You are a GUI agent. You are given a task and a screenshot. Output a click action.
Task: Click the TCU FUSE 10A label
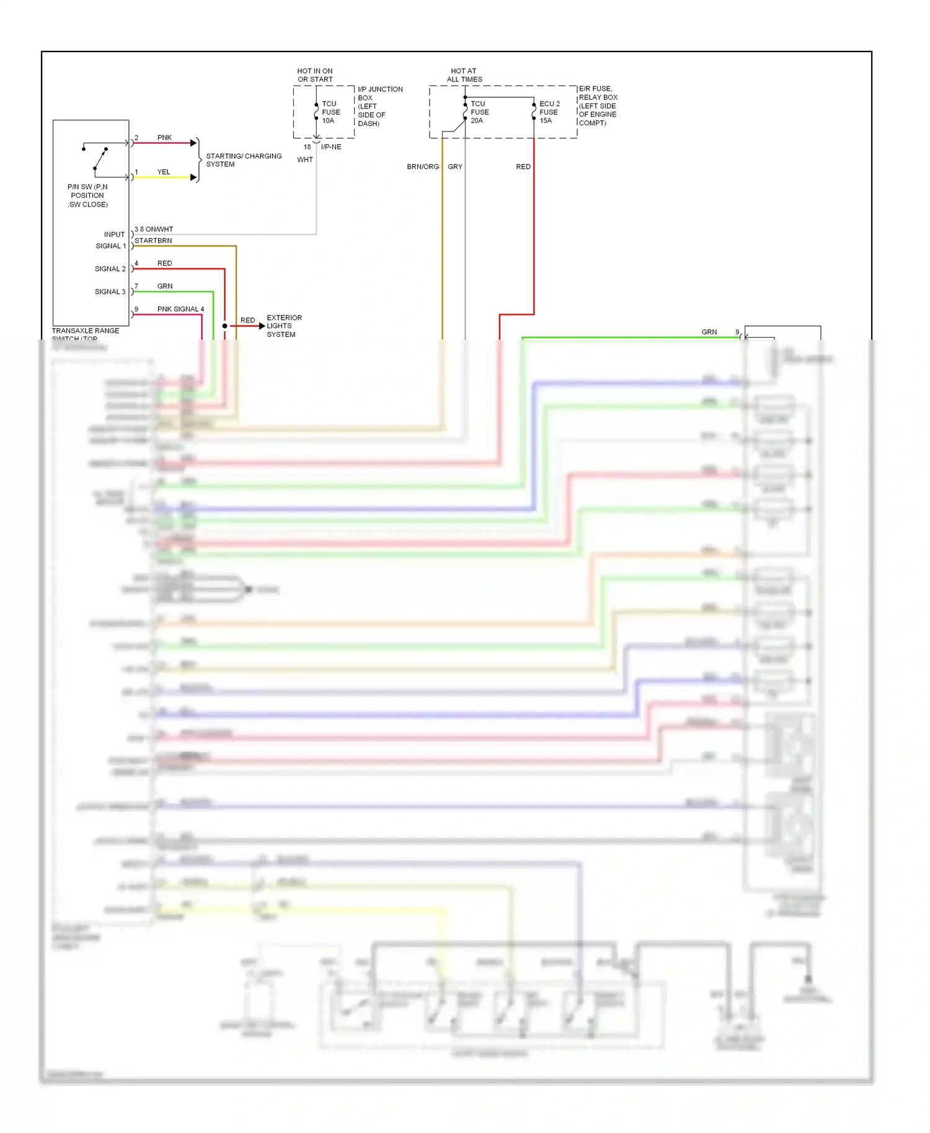[x=330, y=112]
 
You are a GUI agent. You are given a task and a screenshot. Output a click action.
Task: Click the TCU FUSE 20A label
[x=479, y=112]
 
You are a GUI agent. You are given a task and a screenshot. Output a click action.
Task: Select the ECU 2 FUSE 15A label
[x=549, y=112]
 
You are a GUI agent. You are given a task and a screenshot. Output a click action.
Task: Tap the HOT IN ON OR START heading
[x=315, y=75]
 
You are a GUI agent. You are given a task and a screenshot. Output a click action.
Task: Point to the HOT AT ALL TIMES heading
[x=464, y=75]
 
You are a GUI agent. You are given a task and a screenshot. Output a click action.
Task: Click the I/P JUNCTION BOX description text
[x=379, y=106]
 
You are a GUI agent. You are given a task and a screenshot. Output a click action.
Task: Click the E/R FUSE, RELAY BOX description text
[x=598, y=105]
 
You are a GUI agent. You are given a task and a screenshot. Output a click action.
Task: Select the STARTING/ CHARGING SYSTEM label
[x=243, y=160]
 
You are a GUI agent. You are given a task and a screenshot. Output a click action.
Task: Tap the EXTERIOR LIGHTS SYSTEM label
[x=284, y=326]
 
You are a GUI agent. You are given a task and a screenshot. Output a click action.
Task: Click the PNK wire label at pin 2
[x=164, y=138]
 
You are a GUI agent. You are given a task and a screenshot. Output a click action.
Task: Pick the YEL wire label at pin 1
[x=164, y=172]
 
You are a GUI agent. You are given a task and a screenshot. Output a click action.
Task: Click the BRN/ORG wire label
[x=423, y=167]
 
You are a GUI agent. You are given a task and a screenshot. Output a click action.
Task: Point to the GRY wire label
[x=455, y=167]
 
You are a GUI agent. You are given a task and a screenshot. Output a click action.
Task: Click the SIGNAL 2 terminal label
[x=110, y=269]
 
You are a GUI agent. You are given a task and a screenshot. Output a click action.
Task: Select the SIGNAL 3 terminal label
[x=110, y=292]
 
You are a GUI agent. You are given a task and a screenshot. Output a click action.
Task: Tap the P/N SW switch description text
[x=87, y=195]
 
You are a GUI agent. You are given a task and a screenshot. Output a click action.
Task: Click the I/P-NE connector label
[x=331, y=147]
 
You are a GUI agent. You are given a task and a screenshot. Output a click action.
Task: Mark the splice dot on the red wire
[x=225, y=326]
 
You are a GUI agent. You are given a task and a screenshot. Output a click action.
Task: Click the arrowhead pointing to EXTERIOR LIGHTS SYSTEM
[x=262, y=326]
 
